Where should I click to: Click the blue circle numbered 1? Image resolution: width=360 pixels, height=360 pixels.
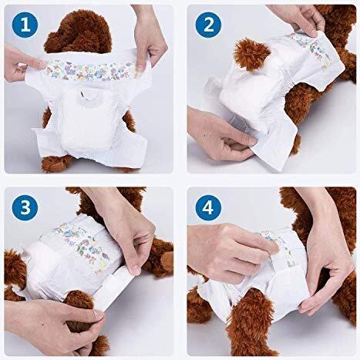(x=25, y=25)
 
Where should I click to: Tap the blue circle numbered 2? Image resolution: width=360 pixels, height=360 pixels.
(x=208, y=25)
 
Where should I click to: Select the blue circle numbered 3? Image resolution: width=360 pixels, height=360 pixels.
(x=25, y=207)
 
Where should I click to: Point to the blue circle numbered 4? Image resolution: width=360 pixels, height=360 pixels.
(x=208, y=207)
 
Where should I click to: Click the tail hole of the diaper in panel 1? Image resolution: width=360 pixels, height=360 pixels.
(x=82, y=93)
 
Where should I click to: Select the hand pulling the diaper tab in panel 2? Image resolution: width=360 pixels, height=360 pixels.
(x=221, y=135)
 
